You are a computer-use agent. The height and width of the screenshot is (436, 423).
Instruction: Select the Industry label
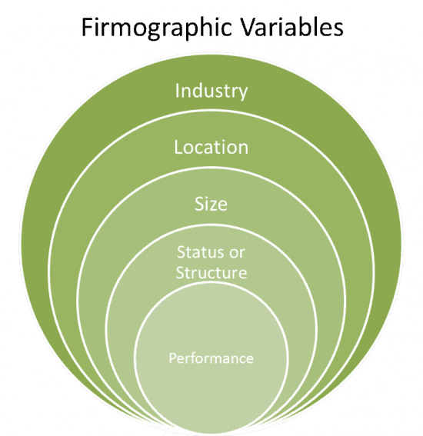click(211, 92)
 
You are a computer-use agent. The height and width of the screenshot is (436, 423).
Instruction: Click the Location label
click(211, 147)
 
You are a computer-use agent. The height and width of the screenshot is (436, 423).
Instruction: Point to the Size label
click(211, 204)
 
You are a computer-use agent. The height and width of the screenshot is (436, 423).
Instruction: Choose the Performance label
click(211, 358)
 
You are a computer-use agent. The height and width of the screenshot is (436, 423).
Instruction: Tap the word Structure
click(211, 272)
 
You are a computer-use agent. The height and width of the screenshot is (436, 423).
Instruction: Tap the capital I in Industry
click(177, 91)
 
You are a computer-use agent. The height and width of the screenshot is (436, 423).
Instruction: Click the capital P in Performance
click(172, 358)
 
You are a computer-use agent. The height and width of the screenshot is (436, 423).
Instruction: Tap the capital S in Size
click(199, 204)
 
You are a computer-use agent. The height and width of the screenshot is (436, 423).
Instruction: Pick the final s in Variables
click(338, 30)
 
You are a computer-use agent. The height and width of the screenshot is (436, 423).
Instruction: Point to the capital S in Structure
click(180, 272)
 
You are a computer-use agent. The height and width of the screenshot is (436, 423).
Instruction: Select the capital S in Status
click(181, 252)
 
